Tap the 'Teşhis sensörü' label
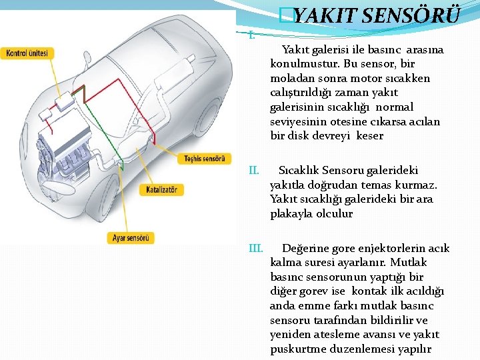pyautogui.click(x=204, y=159)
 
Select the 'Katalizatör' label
pyautogui.click(x=161, y=190)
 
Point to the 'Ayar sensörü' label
pyautogui.click(x=131, y=237)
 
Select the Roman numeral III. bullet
pyautogui.click(x=255, y=249)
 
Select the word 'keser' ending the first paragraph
pyautogui.click(x=370, y=136)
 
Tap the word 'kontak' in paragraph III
pyautogui.click(x=372, y=291)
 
